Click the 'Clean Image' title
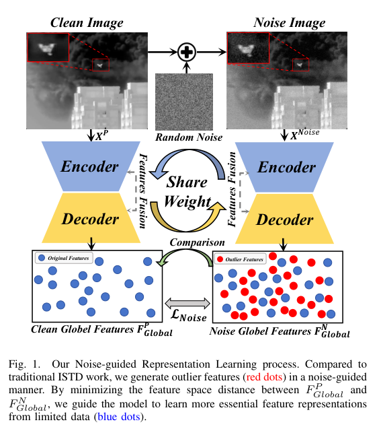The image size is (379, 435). [86, 24]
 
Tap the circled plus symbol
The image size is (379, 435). [187, 51]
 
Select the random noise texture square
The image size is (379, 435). [184, 102]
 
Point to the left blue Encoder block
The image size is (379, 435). [86, 166]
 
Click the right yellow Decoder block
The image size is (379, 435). [286, 220]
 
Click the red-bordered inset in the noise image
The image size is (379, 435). [248, 49]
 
